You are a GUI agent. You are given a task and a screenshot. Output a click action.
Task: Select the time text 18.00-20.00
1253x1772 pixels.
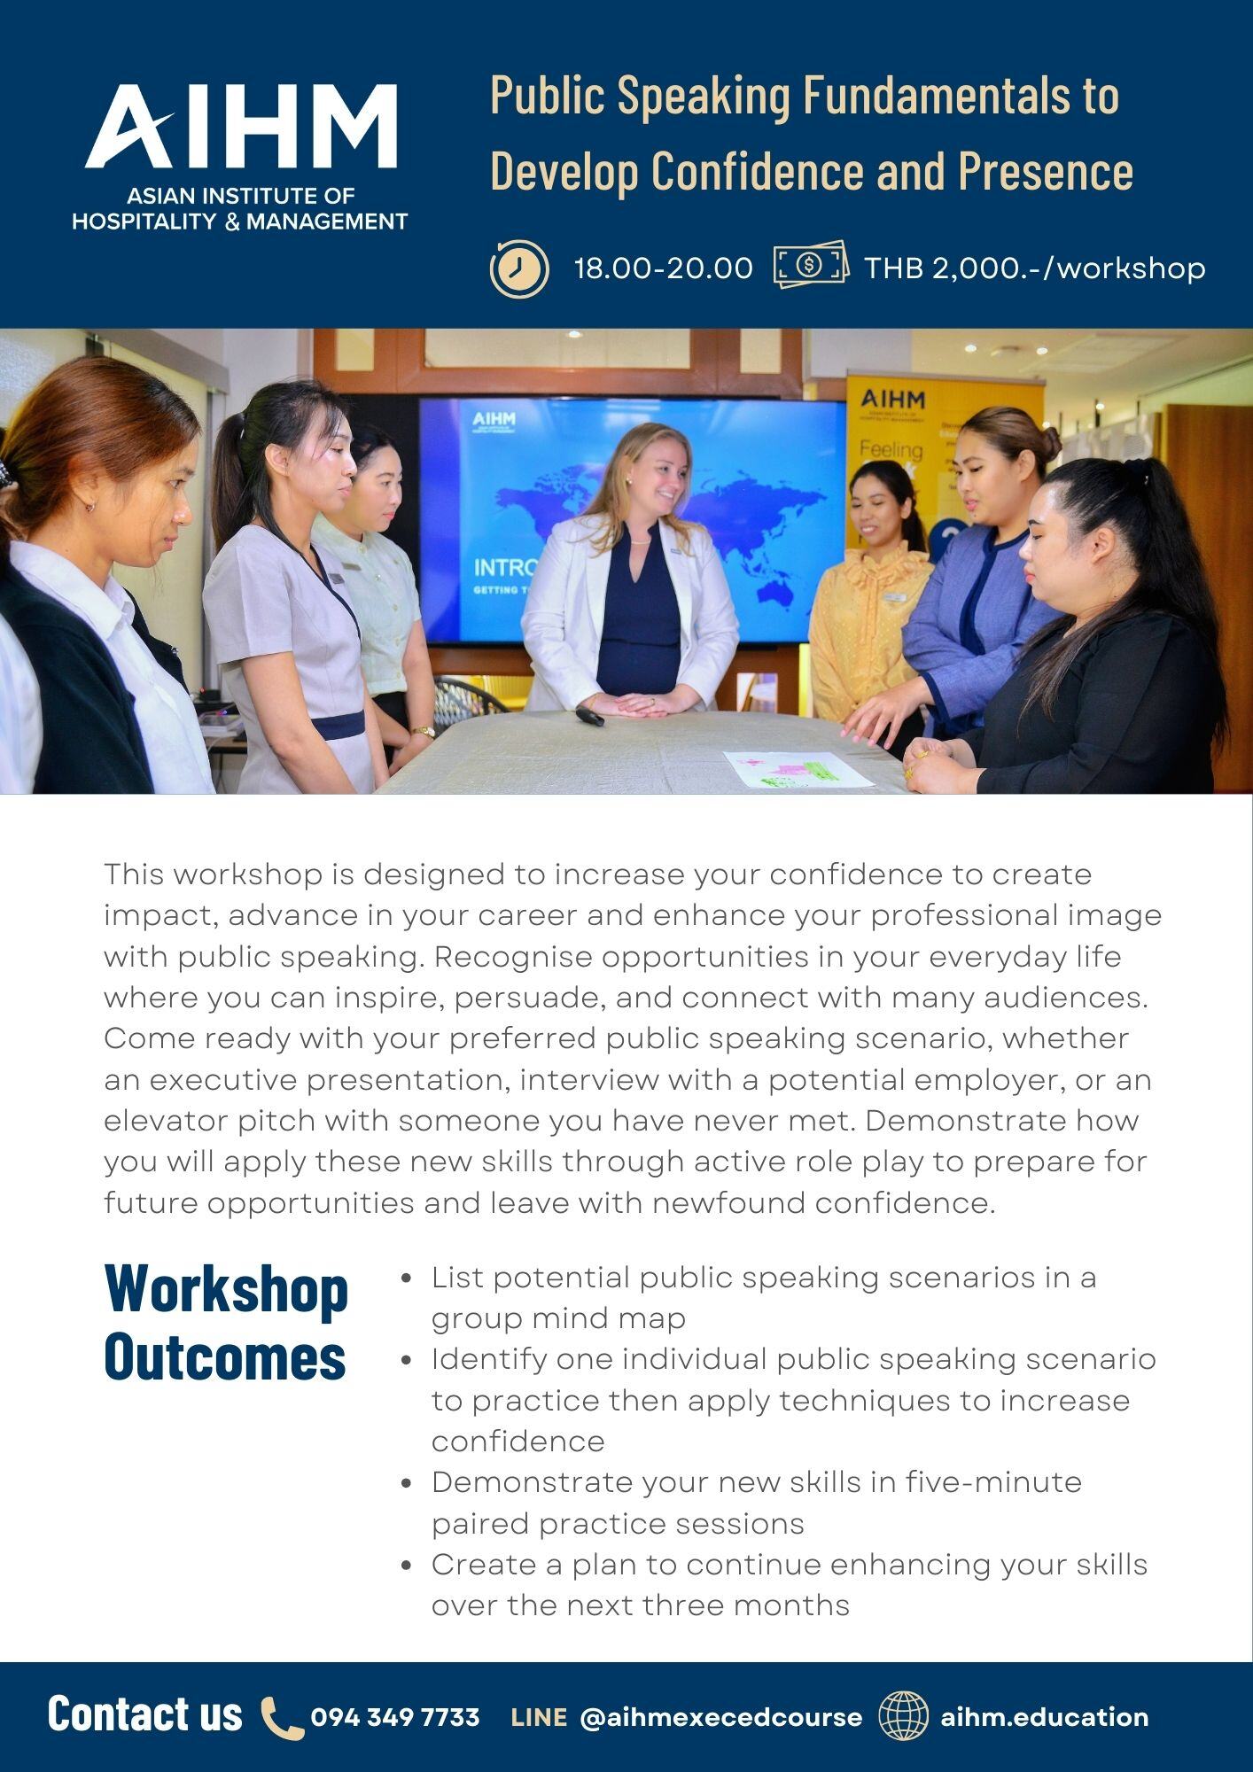click(x=664, y=268)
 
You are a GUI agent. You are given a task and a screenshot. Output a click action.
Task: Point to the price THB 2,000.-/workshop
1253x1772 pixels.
click(x=1035, y=268)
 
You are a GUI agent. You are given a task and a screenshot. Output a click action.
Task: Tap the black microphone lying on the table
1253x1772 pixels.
click(x=590, y=715)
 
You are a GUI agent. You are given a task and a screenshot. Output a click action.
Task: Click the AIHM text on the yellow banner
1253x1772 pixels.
click(x=891, y=400)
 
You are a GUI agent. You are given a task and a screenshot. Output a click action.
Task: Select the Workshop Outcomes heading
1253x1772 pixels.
click(x=226, y=1321)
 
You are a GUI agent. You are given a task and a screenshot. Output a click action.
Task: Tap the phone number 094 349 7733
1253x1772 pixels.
click(x=395, y=1717)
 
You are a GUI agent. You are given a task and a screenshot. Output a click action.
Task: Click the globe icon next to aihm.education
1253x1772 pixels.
click(x=904, y=1715)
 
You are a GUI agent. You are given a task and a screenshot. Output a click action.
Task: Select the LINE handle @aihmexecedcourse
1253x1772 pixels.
click(x=721, y=1717)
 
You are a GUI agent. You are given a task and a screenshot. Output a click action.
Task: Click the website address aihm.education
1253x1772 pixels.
click(x=1045, y=1717)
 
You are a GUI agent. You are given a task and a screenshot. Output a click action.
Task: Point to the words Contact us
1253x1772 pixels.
click(x=145, y=1714)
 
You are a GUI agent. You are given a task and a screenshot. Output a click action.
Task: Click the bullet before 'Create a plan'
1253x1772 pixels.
click(x=407, y=1566)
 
